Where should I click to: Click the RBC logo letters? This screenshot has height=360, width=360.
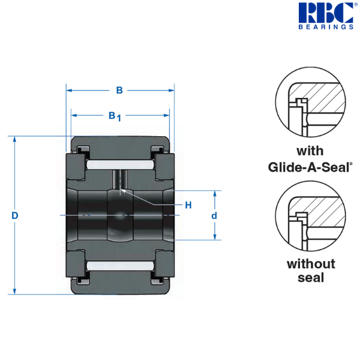pos(326,13)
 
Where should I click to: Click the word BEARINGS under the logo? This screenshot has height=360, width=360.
pos(326,27)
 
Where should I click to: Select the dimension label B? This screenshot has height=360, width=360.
pos(119,90)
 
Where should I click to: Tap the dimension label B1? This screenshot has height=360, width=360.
pos(115,116)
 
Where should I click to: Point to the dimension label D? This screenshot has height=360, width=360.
pos(14,215)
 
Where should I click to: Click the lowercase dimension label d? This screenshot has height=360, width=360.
pos(214,215)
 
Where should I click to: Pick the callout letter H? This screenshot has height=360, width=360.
pos(188,205)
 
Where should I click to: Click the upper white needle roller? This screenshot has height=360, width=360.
pos(120,165)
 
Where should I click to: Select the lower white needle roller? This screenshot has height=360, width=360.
pos(120,266)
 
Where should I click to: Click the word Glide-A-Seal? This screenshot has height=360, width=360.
pos(308,167)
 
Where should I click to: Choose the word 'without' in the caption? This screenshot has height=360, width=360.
pos(311,264)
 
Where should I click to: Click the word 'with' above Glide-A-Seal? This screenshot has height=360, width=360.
pos(310,151)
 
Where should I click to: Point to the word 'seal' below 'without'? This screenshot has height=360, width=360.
pos(311,278)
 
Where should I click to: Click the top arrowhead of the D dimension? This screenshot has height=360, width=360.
pos(14,139)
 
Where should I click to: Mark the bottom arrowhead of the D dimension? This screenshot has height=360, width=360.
pos(14,291)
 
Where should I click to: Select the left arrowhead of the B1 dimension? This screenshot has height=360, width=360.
pos(74,115)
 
